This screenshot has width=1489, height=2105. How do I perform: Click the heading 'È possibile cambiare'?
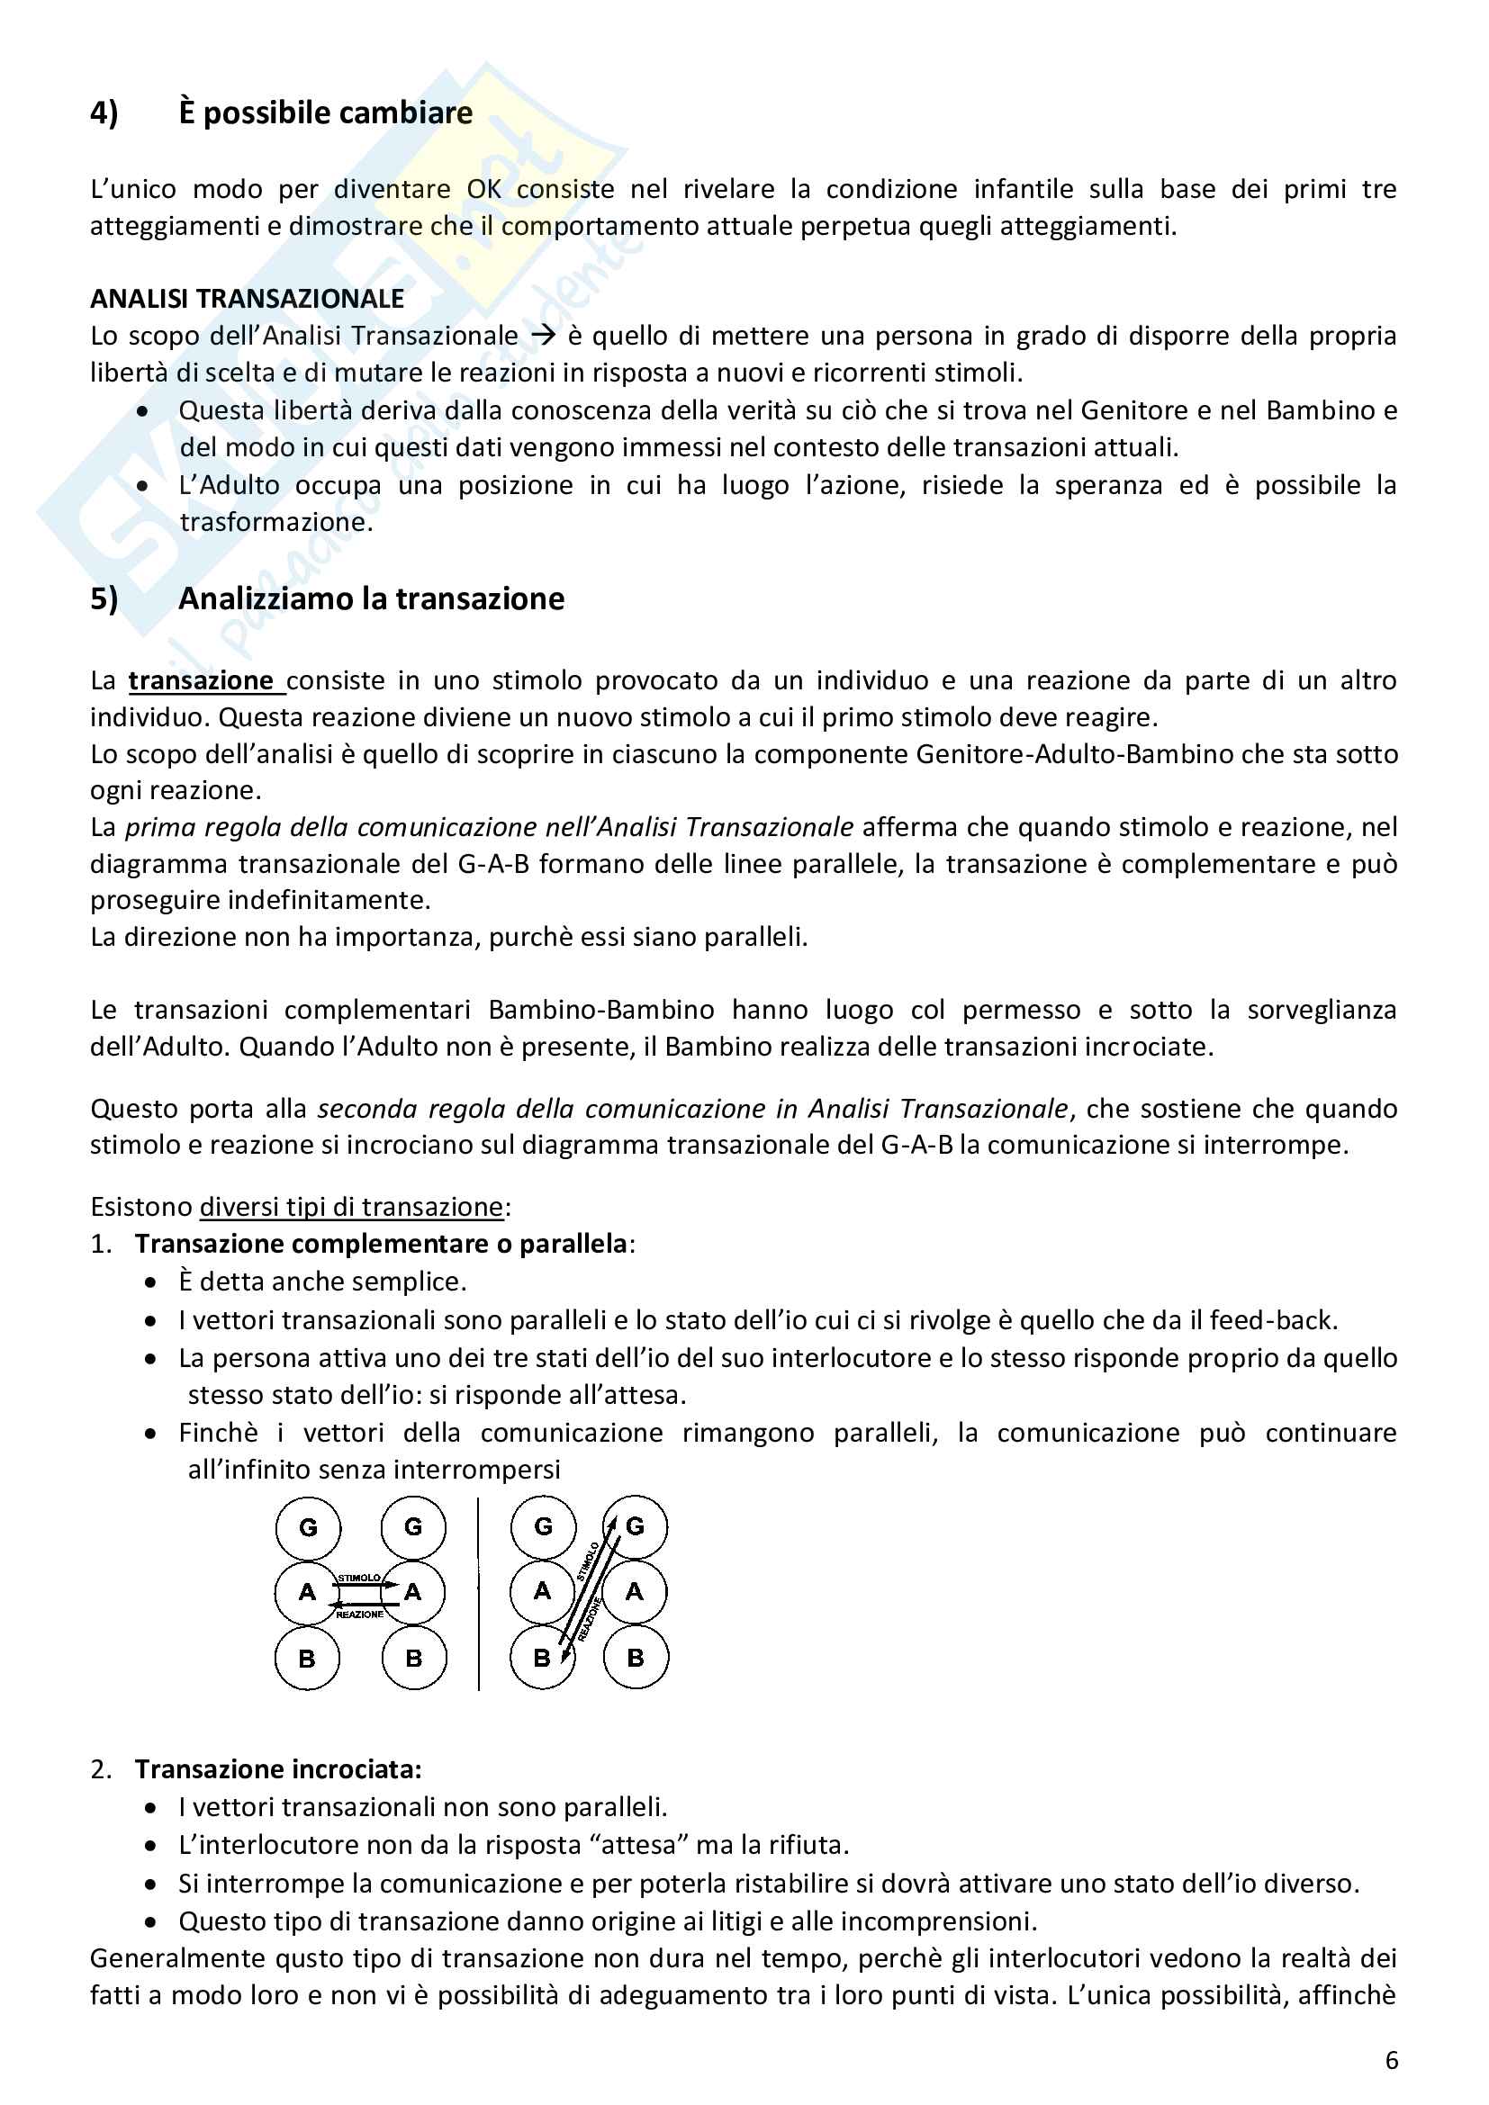coord(326,112)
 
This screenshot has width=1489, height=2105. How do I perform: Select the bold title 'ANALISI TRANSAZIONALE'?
coord(247,299)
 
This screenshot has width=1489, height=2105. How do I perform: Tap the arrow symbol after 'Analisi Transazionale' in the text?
coord(543,336)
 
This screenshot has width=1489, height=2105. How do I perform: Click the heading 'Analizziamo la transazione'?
coord(370,598)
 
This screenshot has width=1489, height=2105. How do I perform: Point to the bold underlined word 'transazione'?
coord(201,680)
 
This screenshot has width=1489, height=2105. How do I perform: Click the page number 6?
coord(1391,2061)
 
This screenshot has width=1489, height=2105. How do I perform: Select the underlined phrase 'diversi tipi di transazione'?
coord(351,1207)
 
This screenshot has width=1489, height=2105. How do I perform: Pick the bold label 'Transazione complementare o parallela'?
coord(381,1243)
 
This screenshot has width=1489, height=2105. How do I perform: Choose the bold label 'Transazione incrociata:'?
coord(278,1768)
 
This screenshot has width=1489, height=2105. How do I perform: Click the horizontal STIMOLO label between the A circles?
coord(358,1578)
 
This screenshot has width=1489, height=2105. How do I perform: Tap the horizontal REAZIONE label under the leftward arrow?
coord(358,1615)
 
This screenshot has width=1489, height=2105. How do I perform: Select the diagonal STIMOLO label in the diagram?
coord(588,1561)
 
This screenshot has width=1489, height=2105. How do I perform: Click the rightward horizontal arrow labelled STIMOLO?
coord(366,1585)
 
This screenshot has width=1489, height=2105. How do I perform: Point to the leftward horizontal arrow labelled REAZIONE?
coord(366,1605)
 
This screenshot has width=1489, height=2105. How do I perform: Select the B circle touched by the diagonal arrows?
coord(542,1658)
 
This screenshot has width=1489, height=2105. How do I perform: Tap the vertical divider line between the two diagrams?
coord(479,1593)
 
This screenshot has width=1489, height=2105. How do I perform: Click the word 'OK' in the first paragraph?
coord(484,189)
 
